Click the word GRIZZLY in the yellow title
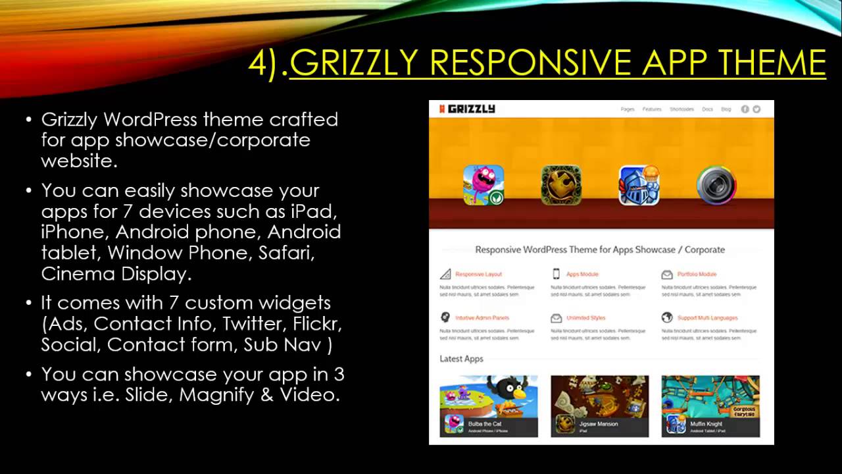tap(353, 63)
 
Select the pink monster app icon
tap(483, 185)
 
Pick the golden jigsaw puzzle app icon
tap(561, 185)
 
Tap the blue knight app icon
tap(639, 185)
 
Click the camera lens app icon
tap(716, 185)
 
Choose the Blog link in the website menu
tap(726, 109)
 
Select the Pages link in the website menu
tap(628, 109)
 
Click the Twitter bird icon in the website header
tap(756, 109)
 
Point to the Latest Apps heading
tap(461, 359)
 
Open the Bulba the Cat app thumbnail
tap(489, 406)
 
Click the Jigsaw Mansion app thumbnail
tap(599, 406)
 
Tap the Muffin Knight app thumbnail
tap(710, 406)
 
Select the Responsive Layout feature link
tap(478, 274)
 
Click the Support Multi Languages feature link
tap(707, 318)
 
